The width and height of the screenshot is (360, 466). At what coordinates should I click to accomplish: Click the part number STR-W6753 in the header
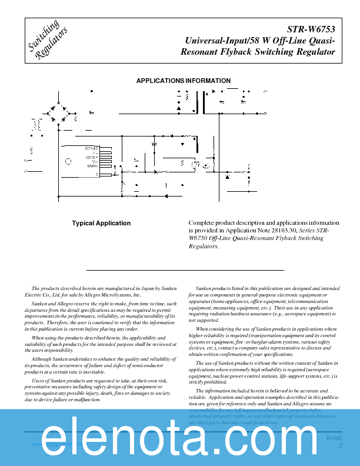pos(311,29)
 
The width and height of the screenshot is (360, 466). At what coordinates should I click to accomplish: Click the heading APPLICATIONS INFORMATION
pos(184,81)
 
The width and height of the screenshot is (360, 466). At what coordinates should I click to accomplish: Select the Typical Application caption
pos(101,223)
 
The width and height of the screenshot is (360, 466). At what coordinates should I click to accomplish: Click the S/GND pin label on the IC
pos(91,167)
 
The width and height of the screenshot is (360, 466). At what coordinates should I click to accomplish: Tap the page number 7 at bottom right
pos(341,445)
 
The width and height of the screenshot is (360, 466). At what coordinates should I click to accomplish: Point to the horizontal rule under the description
pos(185,269)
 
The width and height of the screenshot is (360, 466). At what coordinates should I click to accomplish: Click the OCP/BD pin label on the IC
pos(91,148)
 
